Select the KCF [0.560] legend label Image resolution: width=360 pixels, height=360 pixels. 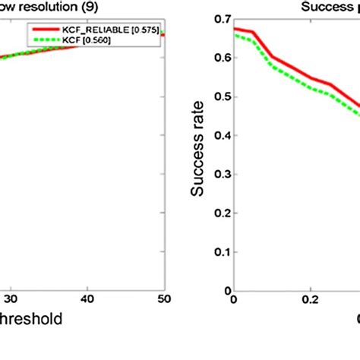click(93, 39)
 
